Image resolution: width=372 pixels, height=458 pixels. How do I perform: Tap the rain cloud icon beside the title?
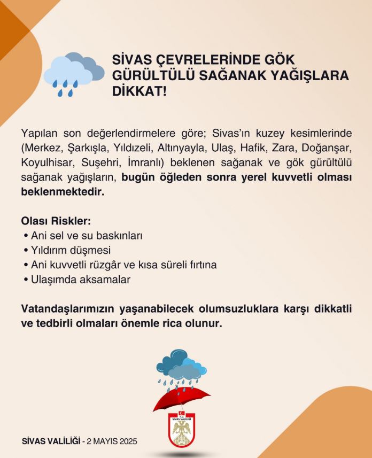pos(73,73)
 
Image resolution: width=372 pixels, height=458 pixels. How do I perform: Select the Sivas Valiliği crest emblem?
pos(182,430)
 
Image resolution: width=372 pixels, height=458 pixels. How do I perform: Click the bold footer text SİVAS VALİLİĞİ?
pos(51,441)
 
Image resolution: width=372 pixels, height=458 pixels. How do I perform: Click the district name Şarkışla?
pos(76,147)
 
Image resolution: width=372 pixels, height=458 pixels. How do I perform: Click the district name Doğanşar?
pos(326,147)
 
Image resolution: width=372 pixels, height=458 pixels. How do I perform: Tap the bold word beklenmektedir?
pos(63,191)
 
